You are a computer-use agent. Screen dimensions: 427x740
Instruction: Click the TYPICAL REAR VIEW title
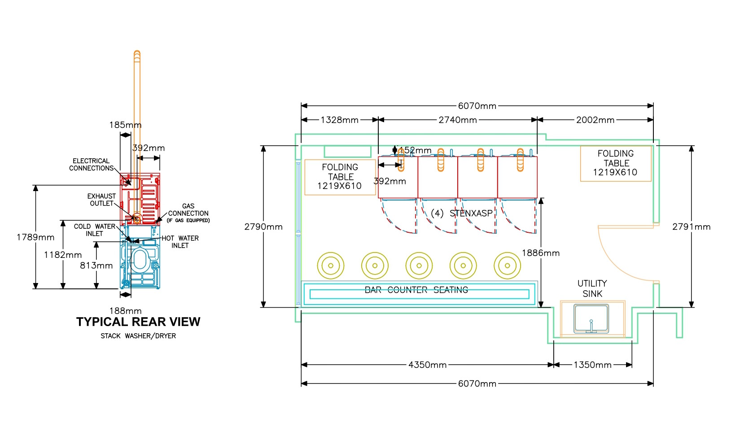tap(138, 322)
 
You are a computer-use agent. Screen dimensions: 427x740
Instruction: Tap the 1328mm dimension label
tap(339, 120)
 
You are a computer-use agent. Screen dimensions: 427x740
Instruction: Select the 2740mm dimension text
tap(457, 120)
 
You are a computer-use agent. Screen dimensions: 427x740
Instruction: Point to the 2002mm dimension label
tap(595, 120)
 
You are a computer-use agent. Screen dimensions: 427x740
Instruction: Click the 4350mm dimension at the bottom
tap(427, 365)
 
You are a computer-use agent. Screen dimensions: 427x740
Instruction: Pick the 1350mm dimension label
tap(592, 365)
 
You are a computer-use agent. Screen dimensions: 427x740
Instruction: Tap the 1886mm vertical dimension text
tap(541, 253)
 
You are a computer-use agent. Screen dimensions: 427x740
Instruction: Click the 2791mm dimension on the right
tap(691, 227)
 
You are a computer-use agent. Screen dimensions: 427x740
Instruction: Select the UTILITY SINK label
tap(592, 289)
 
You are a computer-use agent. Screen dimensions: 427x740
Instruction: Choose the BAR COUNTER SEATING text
tap(416, 290)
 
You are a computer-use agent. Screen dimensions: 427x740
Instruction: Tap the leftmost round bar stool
tap(331, 266)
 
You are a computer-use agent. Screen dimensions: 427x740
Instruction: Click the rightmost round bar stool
tap(508, 266)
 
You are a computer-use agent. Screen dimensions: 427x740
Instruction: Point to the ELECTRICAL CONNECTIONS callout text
tap(91, 165)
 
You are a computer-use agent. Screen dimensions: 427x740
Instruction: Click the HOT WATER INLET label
tap(180, 242)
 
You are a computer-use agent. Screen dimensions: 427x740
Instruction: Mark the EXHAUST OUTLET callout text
tap(101, 200)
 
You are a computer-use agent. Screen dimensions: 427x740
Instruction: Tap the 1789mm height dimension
tap(35, 238)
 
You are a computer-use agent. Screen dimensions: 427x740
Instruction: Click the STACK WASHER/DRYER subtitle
tap(138, 336)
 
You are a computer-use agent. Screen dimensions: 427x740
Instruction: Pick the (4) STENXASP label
tap(461, 213)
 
